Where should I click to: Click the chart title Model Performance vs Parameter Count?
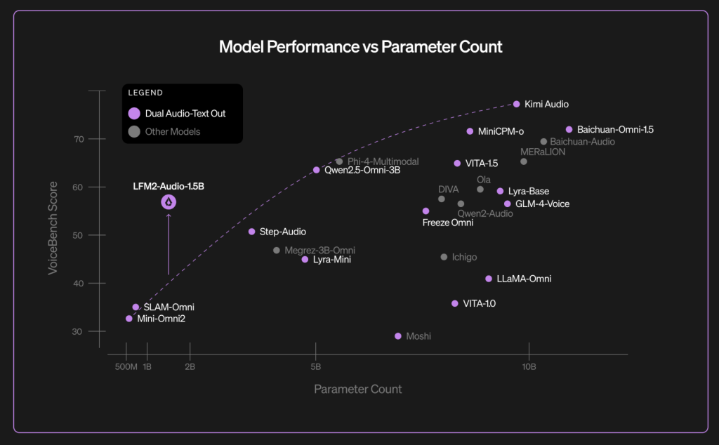pos(360,47)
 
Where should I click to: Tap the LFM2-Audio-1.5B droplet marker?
pos(169,202)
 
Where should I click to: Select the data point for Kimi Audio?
pos(517,104)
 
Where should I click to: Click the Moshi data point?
pos(398,336)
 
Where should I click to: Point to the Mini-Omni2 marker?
pos(129,319)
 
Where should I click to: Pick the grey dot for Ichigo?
pos(444,257)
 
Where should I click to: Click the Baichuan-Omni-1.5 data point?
pos(569,130)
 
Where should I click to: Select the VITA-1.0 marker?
pos(455,303)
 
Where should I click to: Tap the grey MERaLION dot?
pos(524,161)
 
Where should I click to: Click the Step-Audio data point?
pos(252,232)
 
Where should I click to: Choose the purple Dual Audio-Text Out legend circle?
pos(134,113)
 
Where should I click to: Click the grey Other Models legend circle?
pos(134,131)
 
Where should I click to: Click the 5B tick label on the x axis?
pos(316,366)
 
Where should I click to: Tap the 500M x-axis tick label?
pos(125,366)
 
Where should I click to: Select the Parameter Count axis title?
pos(358,389)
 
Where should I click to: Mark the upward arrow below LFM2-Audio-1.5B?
pos(169,242)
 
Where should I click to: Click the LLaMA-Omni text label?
pos(524,279)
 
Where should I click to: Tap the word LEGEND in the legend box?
pos(145,92)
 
